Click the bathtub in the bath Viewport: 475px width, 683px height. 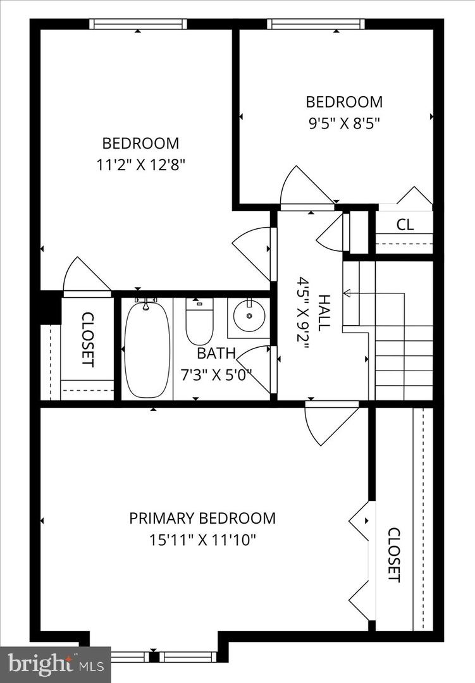(147, 349)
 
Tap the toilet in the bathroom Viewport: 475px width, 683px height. (199, 321)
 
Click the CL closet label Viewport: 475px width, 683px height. (405, 225)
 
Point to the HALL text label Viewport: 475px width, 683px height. (324, 312)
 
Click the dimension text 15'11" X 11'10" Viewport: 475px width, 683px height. (202, 540)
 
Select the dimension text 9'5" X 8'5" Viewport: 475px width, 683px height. (344, 122)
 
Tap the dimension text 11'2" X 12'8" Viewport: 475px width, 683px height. (141, 164)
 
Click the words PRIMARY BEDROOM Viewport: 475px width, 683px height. (202, 519)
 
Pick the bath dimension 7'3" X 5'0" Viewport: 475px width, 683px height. (216, 374)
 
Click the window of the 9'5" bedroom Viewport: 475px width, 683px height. (316, 24)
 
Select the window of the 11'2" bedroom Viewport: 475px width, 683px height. (138, 24)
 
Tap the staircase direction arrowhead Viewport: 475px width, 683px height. (347, 293)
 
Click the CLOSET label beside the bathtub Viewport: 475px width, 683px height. (88, 339)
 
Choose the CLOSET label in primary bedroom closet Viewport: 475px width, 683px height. (393, 554)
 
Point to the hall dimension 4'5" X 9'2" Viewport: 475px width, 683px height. (304, 312)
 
